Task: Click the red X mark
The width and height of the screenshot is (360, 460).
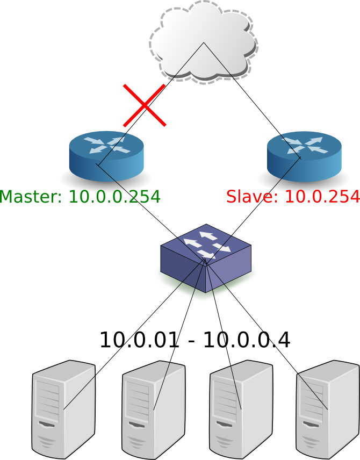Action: tap(145, 105)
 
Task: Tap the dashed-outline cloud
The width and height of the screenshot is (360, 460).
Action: tap(203, 42)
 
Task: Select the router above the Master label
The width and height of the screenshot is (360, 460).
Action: tap(106, 156)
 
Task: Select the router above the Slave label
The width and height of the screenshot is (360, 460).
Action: tap(304, 156)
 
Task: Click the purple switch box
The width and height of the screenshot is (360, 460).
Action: tap(206, 258)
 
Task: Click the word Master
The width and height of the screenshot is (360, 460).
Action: tap(31, 197)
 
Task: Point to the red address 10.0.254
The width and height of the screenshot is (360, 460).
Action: tap(322, 197)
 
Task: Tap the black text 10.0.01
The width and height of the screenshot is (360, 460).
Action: tap(139, 340)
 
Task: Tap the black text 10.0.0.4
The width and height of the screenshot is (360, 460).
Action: tap(247, 340)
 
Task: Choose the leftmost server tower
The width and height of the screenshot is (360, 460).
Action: tap(63, 409)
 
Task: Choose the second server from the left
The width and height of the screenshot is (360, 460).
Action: tap(154, 410)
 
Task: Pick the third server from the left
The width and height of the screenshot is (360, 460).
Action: tap(241, 409)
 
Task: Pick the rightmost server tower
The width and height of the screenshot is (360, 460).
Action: tap(328, 409)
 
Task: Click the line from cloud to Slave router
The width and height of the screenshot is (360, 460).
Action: tap(253, 100)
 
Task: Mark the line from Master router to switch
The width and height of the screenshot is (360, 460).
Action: tap(152, 212)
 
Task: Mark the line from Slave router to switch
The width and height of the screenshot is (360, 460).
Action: tap(253, 209)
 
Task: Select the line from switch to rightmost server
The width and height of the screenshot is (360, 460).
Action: tap(267, 334)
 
